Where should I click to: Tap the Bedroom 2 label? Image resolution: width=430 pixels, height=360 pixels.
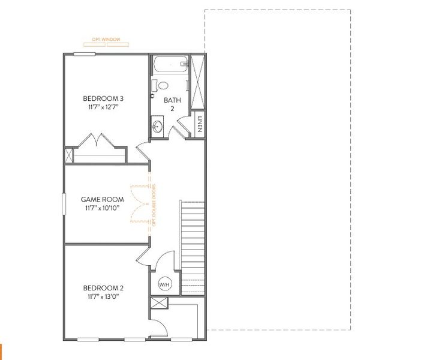point(103,287)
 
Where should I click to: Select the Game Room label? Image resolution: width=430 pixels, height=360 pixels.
point(103,200)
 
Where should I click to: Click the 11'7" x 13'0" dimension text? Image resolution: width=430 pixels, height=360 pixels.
point(103,296)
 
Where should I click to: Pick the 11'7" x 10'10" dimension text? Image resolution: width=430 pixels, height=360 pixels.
point(103,208)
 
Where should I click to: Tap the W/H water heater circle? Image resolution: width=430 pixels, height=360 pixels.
point(164,284)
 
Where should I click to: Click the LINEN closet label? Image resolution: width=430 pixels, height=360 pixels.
point(199,125)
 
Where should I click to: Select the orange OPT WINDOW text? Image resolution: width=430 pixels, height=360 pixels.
point(106,40)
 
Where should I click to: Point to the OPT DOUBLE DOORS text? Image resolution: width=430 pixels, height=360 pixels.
point(154,205)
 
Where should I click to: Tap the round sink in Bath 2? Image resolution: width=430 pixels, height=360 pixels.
point(158,127)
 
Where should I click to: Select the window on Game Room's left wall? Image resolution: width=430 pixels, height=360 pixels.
point(64,204)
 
